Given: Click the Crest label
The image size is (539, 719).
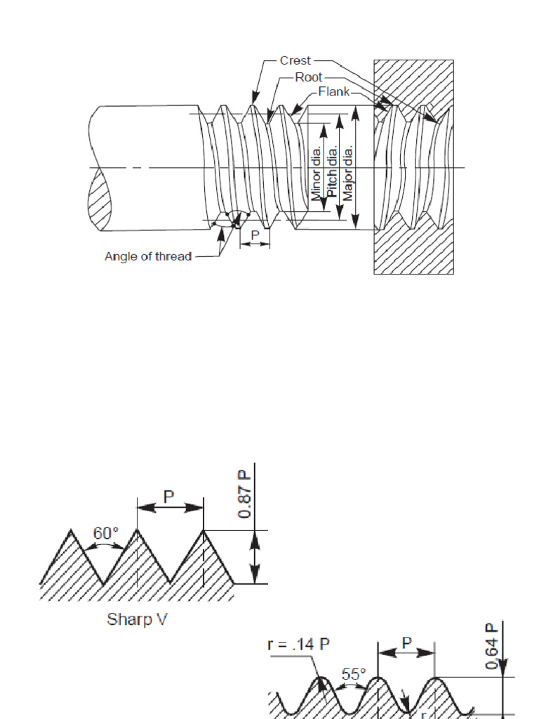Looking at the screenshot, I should click(295, 61).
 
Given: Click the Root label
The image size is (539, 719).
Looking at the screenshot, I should click(308, 77).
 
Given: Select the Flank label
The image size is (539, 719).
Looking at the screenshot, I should click(333, 92).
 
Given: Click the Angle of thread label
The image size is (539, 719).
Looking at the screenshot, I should click(147, 257).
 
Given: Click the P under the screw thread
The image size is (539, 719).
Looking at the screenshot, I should click(255, 235).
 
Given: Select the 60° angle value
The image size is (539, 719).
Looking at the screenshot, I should click(107, 533).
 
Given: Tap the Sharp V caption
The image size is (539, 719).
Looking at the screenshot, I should click(138, 619).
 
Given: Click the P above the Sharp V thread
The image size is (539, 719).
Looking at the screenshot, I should click(169, 496).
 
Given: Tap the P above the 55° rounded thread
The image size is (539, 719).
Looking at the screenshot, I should click(406, 642).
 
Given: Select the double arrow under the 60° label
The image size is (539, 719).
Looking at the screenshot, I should click(107, 546).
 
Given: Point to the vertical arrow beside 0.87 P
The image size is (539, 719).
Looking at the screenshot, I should click(255, 555).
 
